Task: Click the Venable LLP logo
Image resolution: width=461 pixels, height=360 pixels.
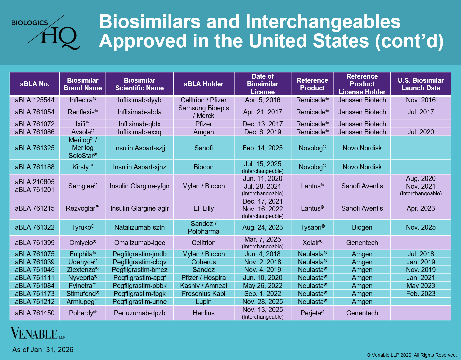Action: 38,334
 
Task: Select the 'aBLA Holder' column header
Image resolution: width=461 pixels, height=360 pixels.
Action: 203,84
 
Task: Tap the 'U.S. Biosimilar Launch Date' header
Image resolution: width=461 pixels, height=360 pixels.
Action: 421,84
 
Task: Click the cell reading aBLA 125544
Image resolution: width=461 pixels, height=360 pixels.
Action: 35,100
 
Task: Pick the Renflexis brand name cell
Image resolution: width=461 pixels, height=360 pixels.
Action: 83,112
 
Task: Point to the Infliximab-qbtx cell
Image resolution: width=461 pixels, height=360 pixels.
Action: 139,124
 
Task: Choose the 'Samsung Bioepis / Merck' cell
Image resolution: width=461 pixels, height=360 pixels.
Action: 203,112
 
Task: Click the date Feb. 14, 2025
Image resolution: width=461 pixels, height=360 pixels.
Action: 262,148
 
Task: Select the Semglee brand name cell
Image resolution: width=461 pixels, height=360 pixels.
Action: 83,186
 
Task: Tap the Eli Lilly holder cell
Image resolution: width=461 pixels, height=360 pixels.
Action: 203,208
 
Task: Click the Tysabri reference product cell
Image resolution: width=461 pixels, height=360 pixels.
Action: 312,227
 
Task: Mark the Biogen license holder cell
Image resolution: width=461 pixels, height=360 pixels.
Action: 362,227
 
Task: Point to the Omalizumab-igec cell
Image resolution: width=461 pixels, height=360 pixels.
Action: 139,243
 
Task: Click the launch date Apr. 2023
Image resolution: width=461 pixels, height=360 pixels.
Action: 421,208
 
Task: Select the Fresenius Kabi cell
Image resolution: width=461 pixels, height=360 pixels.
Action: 203,294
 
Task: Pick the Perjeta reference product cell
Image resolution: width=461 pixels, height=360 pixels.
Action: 312,313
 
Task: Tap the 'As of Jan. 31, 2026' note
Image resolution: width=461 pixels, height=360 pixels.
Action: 43,350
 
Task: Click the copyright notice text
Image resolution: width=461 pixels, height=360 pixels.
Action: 412,355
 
